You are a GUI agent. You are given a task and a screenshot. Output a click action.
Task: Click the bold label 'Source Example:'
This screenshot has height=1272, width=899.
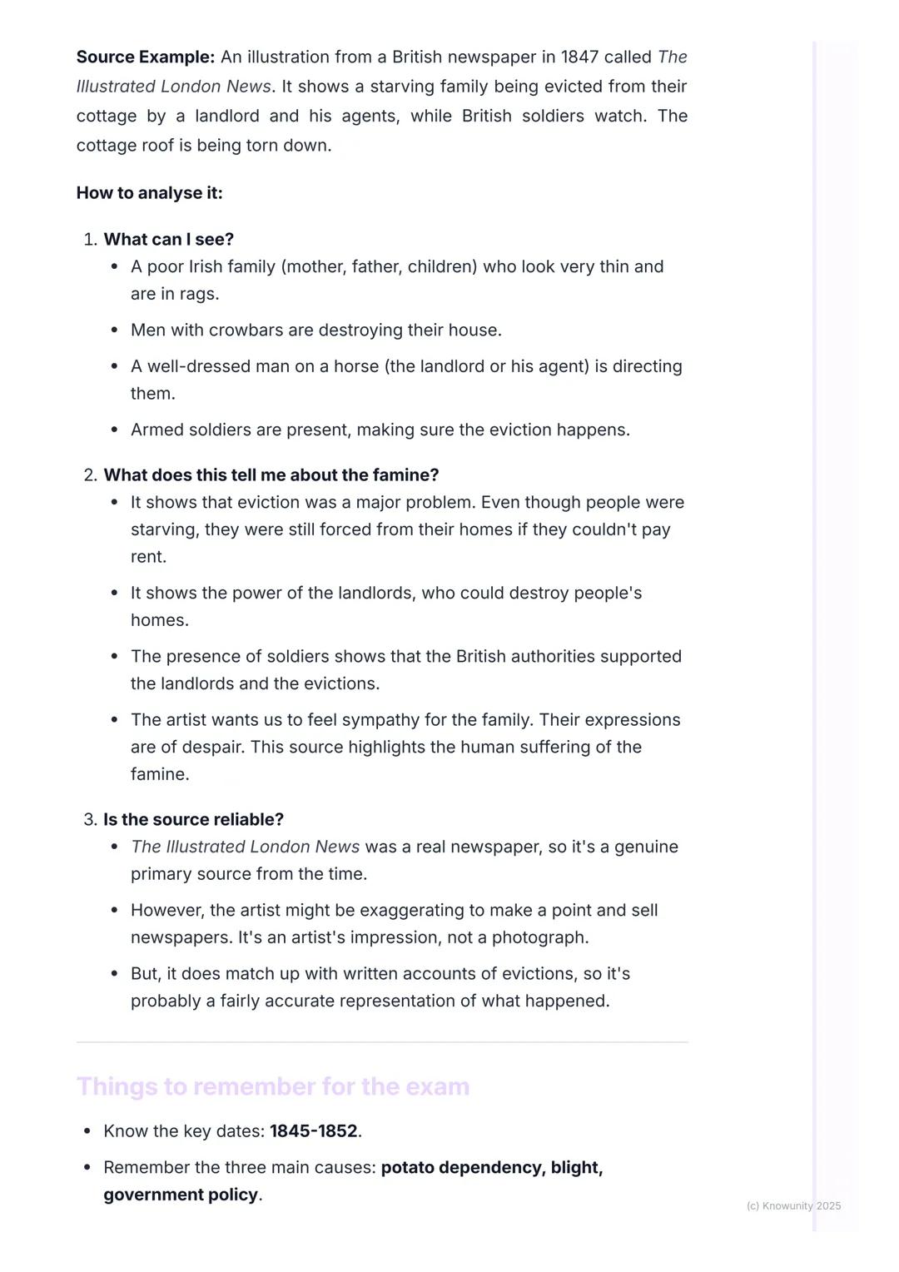(146, 57)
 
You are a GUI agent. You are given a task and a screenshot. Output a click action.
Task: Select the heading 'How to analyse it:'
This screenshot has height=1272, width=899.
(150, 193)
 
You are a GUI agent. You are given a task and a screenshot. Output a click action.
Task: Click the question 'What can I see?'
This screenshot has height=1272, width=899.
(168, 240)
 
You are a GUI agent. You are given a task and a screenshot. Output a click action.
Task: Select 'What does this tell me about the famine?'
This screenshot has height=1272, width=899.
(271, 475)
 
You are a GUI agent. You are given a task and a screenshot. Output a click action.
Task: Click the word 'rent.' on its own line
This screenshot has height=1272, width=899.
(148, 557)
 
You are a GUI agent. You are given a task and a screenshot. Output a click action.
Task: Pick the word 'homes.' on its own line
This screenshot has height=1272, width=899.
(160, 620)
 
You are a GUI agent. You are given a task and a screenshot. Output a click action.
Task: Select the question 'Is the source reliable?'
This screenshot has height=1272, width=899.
(193, 820)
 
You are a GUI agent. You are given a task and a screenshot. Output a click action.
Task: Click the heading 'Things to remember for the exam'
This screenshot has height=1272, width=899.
(273, 1087)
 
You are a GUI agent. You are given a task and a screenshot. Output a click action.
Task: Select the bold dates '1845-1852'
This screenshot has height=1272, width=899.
(313, 1131)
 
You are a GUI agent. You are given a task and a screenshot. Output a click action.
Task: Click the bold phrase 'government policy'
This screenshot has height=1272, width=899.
(181, 1195)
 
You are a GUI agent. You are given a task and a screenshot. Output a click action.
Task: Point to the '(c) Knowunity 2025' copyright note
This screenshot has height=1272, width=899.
(793, 1206)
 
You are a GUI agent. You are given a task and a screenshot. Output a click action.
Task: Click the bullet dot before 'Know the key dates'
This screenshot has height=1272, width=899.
(87, 1131)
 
